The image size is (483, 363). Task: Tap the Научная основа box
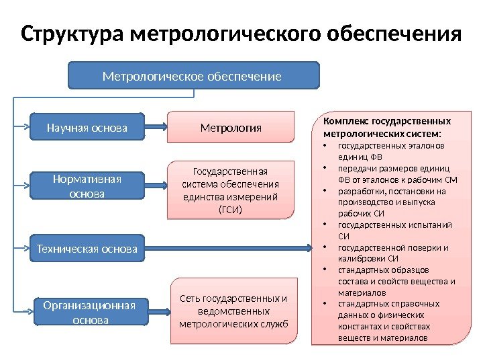click(87, 126)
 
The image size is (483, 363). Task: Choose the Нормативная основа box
click(87, 186)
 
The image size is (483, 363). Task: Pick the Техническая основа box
click(87, 249)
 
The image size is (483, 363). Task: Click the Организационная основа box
click(90, 313)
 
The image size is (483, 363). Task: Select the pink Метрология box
click(231, 126)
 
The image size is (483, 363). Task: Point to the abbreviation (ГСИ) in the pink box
click(230, 209)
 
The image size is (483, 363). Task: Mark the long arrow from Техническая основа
click(228, 249)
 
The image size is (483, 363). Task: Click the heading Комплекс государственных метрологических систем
click(387, 127)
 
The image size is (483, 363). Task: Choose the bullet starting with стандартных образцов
click(396, 282)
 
